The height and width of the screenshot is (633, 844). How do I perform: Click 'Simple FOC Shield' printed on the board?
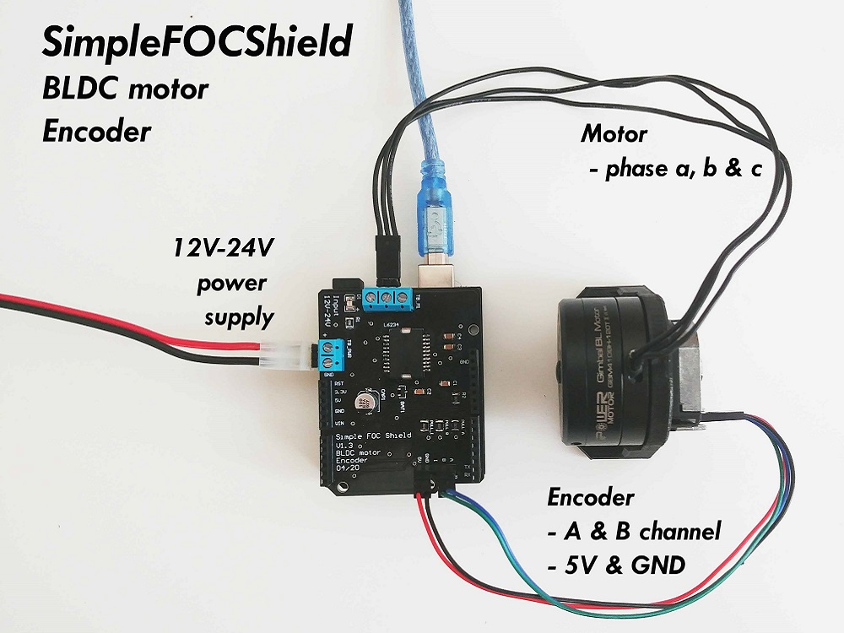(368, 436)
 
